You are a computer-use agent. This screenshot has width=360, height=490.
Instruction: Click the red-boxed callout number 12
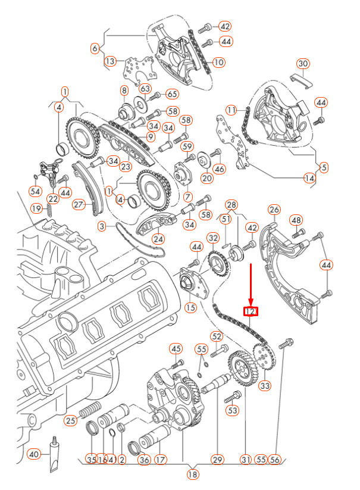click(251, 311)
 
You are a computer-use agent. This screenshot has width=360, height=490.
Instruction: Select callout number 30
click(303, 64)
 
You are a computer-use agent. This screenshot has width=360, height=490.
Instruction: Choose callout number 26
click(274, 210)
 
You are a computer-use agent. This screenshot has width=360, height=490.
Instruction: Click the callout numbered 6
click(95, 48)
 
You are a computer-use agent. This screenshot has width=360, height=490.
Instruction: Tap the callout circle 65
click(172, 94)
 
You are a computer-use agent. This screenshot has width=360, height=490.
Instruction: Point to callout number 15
click(190, 307)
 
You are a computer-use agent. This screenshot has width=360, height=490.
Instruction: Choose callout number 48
click(296, 220)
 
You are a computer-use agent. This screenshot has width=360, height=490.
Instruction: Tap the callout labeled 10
click(218, 62)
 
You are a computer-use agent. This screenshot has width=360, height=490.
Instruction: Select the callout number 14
click(309, 177)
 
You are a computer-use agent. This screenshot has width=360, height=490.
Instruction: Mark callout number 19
click(36, 208)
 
